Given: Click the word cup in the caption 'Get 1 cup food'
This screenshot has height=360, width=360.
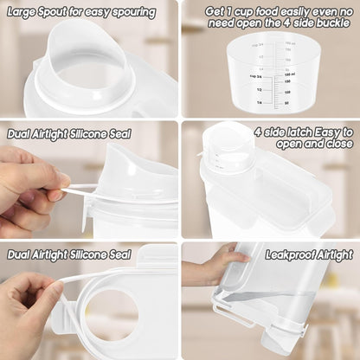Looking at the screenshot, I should [x=252, y=10].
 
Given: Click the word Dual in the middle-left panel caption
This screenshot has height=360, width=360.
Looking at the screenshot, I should [x=22, y=133].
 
